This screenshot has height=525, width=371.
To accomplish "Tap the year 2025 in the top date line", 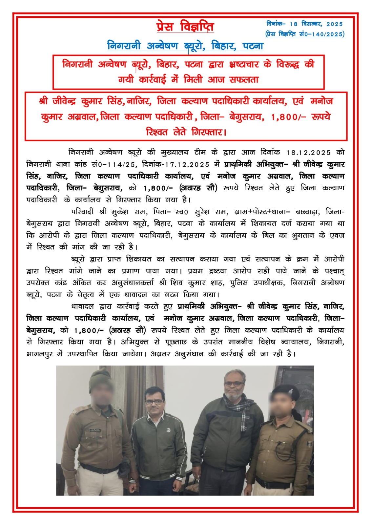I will pos(334,24).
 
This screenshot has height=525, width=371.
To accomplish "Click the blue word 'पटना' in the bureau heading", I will pos(253,46).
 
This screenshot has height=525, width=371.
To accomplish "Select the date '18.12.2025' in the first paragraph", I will pos(308,153).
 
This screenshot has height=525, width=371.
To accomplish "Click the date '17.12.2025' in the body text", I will pos(187,164).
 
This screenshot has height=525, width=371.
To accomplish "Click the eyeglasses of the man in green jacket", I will pos(154,402).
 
